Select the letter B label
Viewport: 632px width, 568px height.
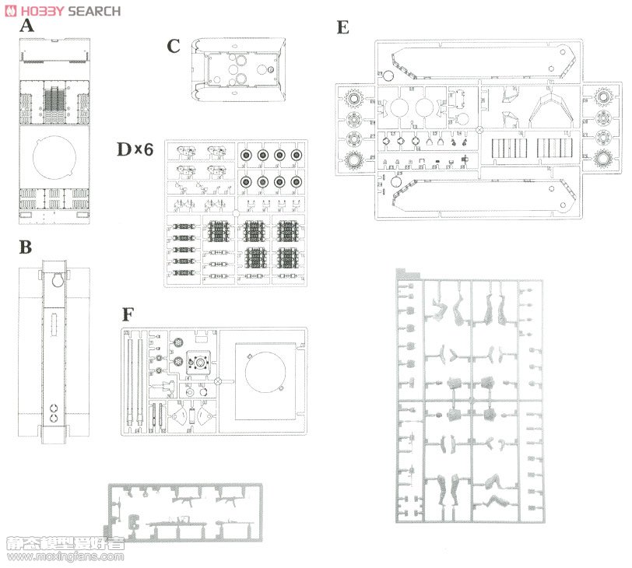click(26, 248)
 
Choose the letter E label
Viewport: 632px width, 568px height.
click(343, 27)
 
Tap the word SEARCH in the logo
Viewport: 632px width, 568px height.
click(94, 11)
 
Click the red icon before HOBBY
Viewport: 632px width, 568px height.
click(9, 11)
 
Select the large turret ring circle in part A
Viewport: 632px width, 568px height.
click(54, 160)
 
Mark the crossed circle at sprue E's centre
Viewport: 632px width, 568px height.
click(480, 130)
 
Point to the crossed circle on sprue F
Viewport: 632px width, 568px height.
click(219, 381)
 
